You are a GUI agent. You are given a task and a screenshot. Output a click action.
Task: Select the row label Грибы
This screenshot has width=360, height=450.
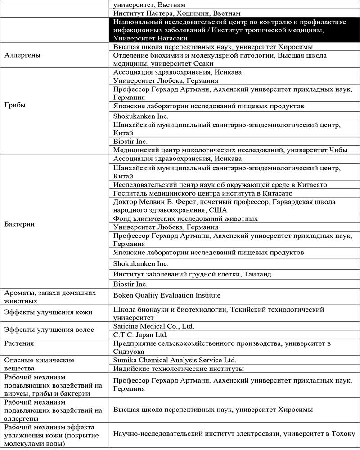[x=14, y=105]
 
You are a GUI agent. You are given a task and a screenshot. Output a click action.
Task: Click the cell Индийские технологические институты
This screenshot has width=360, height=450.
[x=179, y=369]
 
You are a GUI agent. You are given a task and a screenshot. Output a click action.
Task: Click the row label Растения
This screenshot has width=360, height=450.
[x=19, y=343]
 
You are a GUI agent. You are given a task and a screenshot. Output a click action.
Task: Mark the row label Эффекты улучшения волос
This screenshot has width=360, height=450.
[x=49, y=330]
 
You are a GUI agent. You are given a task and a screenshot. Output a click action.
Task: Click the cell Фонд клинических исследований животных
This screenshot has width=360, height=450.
[x=185, y=218]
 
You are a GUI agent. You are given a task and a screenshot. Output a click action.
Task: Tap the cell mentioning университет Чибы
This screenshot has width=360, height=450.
[x=230, y=150]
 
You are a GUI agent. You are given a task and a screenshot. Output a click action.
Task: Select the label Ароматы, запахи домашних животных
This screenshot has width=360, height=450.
[x=50, y=296]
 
